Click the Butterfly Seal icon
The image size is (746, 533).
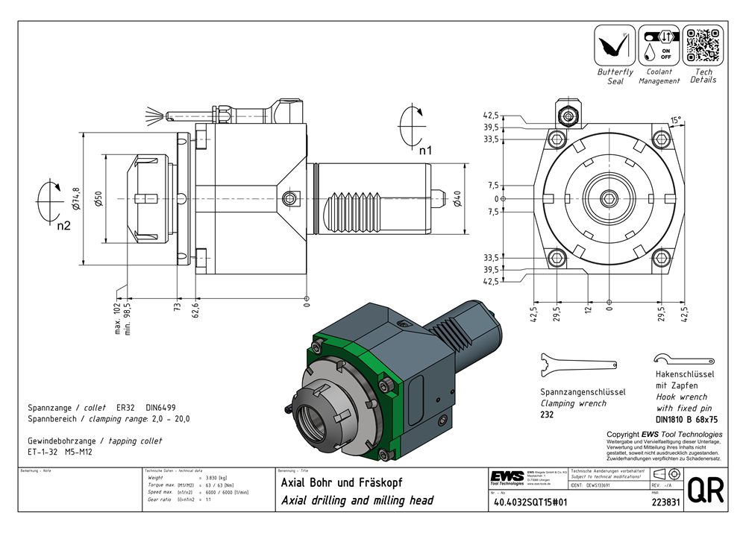614,45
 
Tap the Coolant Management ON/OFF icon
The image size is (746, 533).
659,45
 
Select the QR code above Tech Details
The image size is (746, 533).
703,45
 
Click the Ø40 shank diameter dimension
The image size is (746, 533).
456,200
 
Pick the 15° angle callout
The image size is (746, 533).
675,119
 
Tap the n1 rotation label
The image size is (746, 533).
425,150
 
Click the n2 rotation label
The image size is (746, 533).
64,226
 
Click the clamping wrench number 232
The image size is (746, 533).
547,414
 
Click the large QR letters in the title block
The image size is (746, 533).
705,490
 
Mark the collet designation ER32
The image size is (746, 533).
125,408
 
